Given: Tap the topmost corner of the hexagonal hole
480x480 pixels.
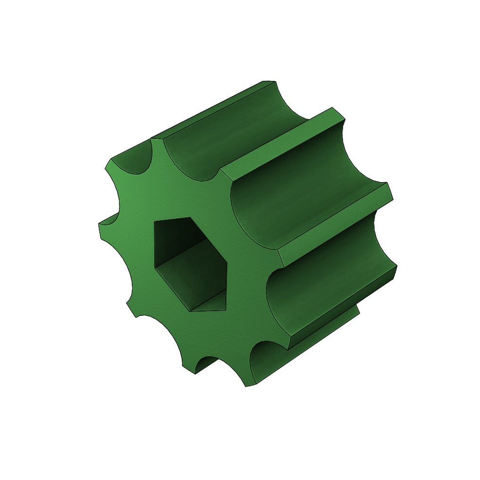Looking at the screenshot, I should click(190, 218).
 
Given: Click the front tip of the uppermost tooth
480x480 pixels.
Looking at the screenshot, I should click(157, 140).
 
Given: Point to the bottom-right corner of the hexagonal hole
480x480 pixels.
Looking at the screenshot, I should click(224, 310).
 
